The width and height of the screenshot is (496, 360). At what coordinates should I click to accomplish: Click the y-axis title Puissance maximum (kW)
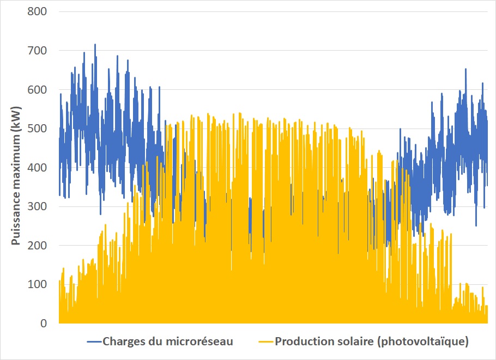click(16, 168)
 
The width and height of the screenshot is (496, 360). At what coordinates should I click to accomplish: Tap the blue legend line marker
click(93, 342)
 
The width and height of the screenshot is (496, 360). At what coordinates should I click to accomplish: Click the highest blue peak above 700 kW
click(95, 45)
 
